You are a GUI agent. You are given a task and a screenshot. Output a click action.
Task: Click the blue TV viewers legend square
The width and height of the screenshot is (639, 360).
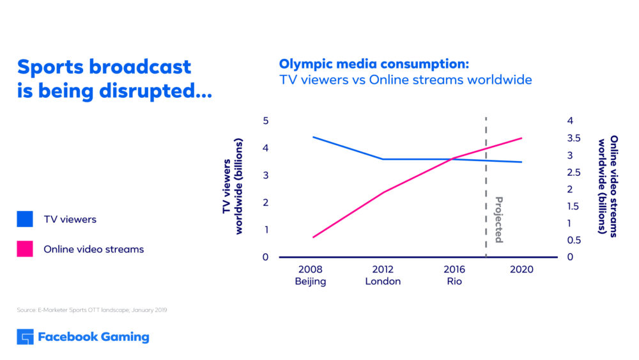pyautogui.click(x=25, y=219)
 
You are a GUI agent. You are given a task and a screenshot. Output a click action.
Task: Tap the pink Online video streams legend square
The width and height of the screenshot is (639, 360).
pyautogui.click(x=25, y=249)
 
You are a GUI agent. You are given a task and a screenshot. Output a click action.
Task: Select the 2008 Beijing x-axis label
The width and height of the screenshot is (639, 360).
pyautogui.click(x=311, y=276)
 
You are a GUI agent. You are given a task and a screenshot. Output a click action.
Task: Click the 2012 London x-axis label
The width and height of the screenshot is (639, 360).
pyautogui.click(x=383, y=276)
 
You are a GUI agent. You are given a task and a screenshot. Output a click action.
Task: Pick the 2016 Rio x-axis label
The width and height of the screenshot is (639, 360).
pyautogui.click(x=454, y=276)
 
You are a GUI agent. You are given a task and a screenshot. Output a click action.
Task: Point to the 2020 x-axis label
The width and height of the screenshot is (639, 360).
pyautogui.click(x=522, y=270)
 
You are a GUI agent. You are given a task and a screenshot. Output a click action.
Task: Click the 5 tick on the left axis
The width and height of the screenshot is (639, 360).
pyautogui.click(x=265, y=121)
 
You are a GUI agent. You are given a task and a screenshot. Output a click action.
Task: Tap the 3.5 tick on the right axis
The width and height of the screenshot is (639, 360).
pyautogui.click(x=574, y=138)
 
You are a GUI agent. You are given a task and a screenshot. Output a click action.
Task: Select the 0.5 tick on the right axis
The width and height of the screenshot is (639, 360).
pyautogui.click(x=574, y=240)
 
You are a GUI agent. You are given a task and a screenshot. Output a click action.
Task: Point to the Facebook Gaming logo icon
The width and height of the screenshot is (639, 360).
pyautogui.click(x=25, y=337)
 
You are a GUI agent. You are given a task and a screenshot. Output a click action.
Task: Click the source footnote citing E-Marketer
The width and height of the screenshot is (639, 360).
pyautogui.click(x=92, y=310)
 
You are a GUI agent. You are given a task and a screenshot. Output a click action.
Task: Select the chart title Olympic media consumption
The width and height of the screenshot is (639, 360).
pyautogui.click(x=374, y=64)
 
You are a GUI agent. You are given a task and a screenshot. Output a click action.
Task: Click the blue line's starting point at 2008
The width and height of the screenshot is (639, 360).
pyautogui.click(x=312, y=137)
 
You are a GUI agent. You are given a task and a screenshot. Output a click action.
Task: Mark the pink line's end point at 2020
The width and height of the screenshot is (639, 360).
pyautogui.click(x=522, y=138)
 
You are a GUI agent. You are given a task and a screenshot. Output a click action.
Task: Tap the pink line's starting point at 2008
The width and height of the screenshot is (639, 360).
pyautogui.click(x=312, y=237)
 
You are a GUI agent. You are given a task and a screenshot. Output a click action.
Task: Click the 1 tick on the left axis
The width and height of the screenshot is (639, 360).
pyautogui.click(x=265, y=230)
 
